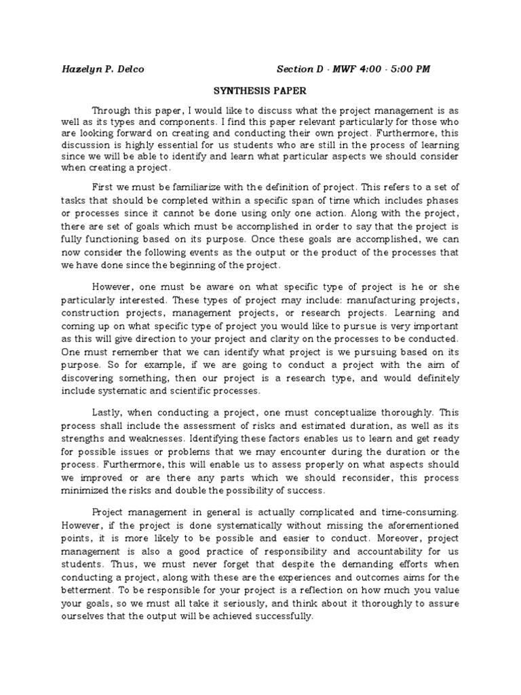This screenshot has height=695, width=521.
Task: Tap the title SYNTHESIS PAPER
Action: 260,90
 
